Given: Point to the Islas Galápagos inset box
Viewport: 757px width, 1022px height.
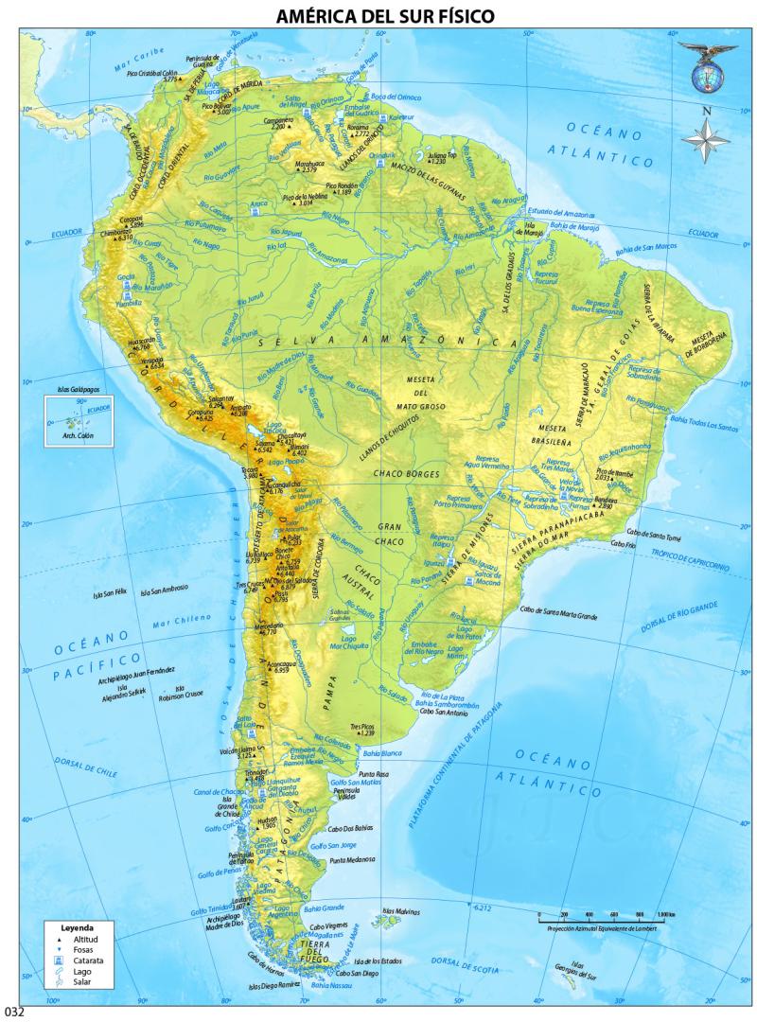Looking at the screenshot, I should [79, 420].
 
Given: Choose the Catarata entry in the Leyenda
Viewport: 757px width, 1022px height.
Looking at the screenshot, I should [78, 960].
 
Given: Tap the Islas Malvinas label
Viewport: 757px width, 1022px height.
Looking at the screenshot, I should [400, 913].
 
